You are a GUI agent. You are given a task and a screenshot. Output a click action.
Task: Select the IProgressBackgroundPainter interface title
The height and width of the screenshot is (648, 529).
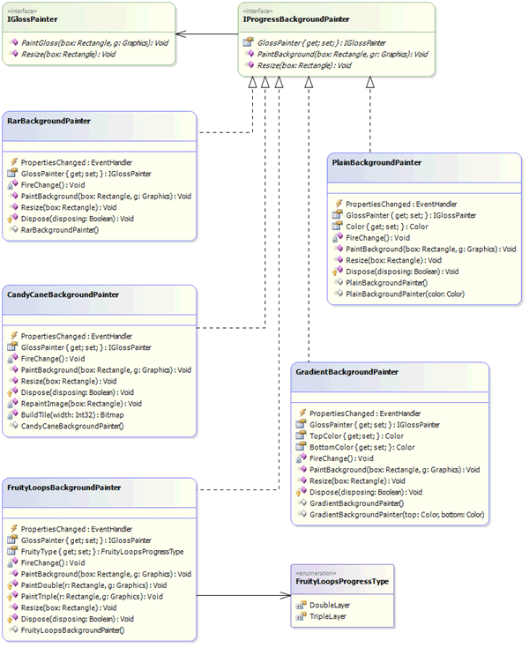pyautogui.click(x=295, y=19)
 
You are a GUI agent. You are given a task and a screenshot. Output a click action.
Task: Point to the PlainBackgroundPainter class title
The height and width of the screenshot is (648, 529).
pyautogui.click(x=376, y=163)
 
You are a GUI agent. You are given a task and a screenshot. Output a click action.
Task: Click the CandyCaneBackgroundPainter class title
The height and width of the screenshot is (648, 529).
pyautogui.click(x=63, y=294)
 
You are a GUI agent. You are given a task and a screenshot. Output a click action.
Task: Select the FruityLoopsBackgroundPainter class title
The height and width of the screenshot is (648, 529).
pyautogui.click(x=63, y=487)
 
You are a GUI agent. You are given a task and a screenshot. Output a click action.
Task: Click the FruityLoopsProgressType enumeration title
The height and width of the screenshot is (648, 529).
pyautogui.click(x=342, y=582)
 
